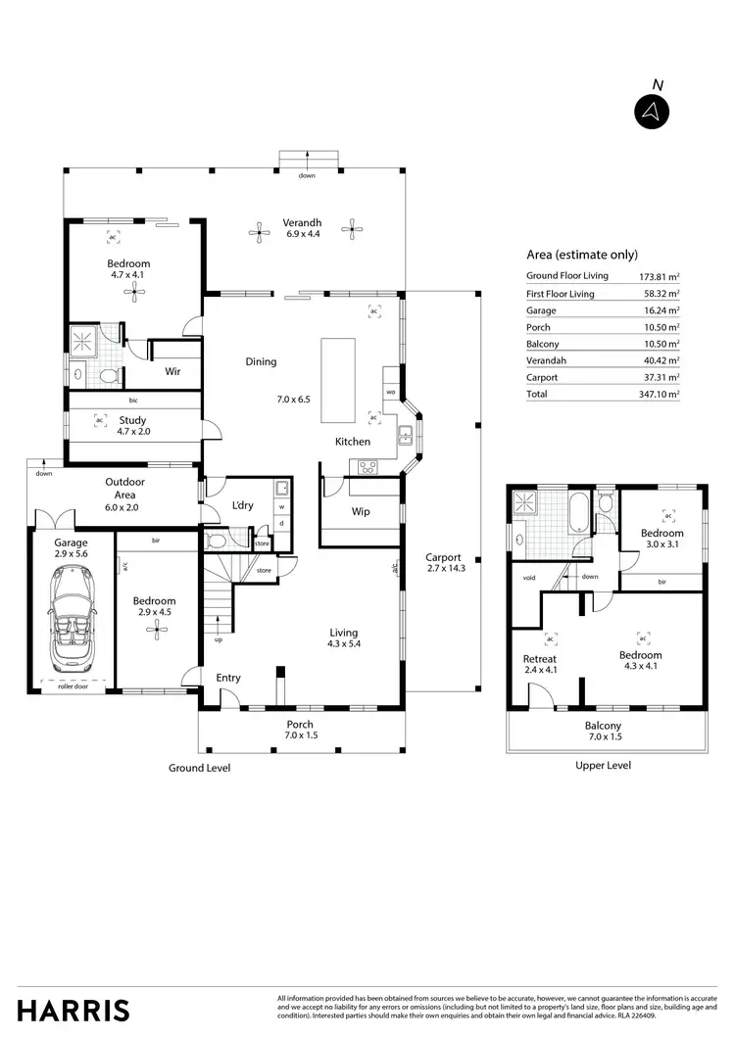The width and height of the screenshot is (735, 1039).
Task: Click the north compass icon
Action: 649,112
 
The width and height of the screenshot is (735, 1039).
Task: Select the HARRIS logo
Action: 73,1010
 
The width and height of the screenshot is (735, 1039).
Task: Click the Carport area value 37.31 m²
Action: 661,377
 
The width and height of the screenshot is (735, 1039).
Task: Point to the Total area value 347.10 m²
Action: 660,394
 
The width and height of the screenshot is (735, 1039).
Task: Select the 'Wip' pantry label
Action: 361,511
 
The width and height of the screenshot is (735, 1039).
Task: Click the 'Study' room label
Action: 132,421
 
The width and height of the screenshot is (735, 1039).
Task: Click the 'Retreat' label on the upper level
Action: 539,659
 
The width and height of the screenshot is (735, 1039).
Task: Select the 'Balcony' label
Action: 605,726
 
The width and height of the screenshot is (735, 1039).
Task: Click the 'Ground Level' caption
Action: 199,768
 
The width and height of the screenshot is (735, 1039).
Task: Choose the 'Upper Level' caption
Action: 604,765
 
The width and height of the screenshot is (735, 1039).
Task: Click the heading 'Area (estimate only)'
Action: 581,252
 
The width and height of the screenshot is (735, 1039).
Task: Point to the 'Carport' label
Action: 443,557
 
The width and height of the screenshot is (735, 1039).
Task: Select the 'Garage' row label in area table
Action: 541,310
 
